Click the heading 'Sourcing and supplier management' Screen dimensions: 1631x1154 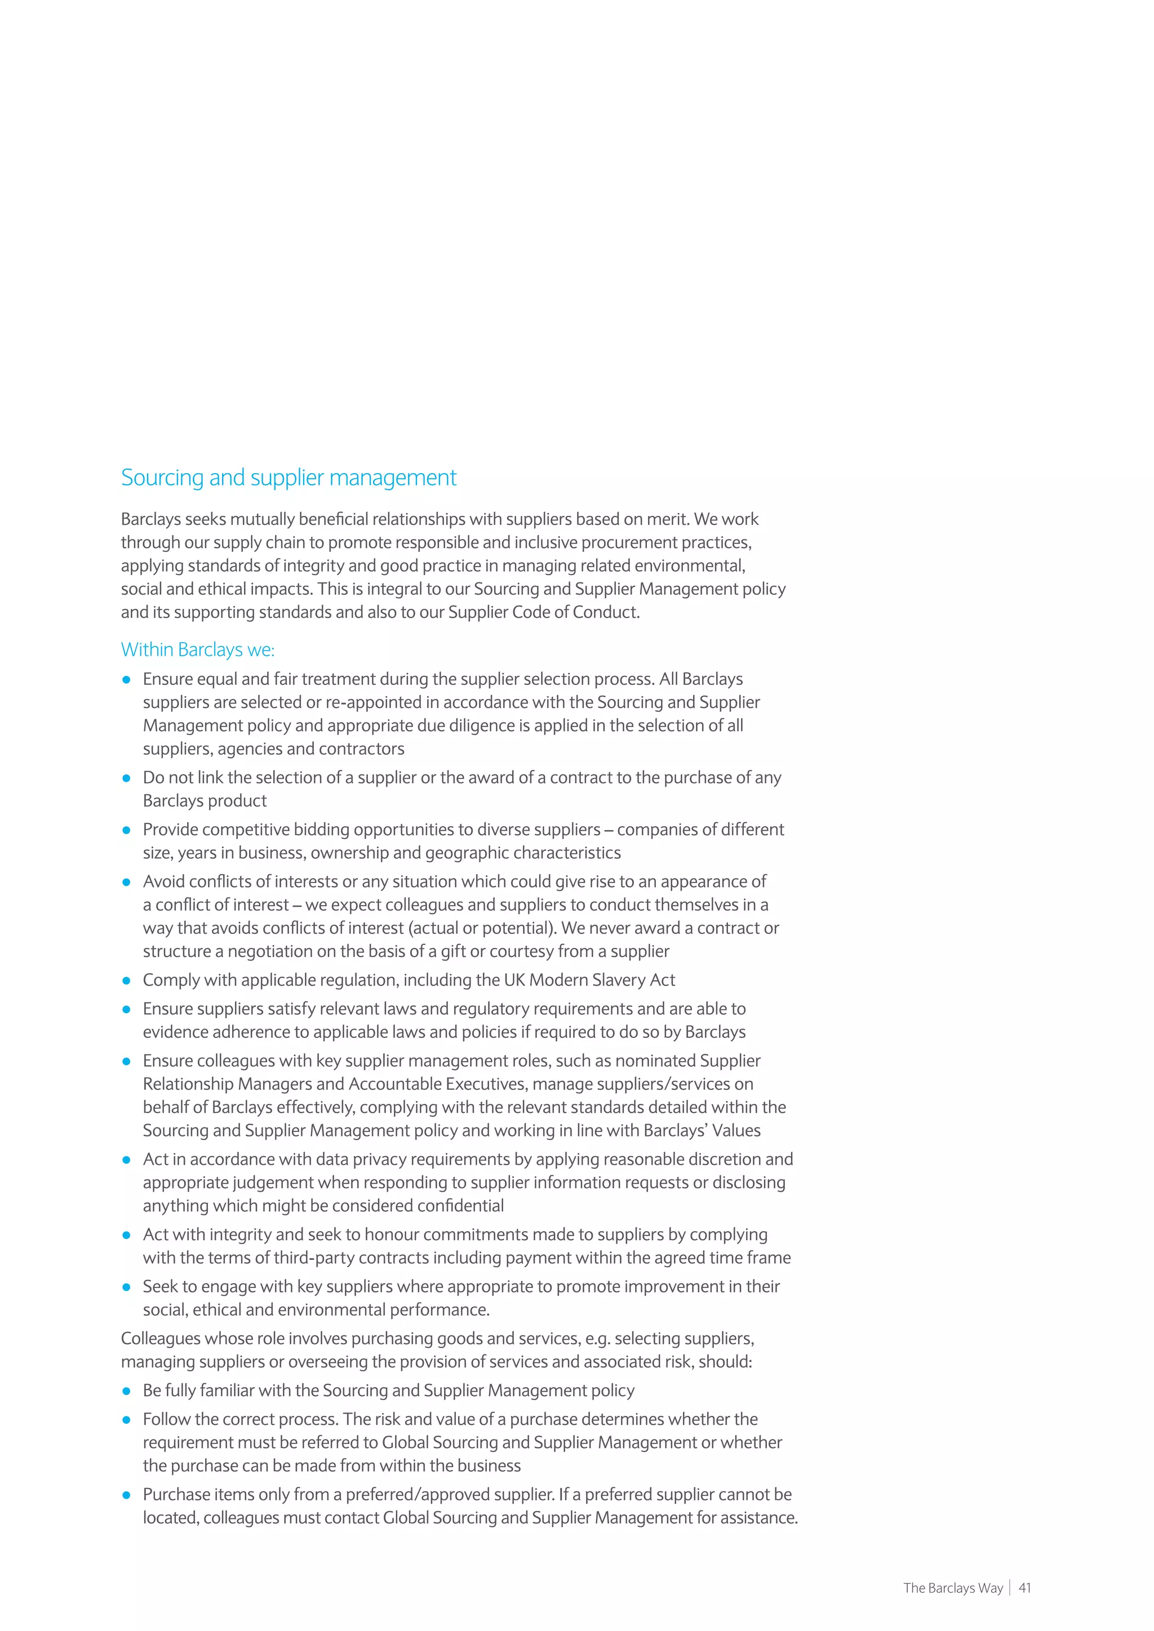coord(288,478)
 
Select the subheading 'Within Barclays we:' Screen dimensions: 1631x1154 coord(198,649)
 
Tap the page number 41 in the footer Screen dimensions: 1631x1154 coord(1024,1588)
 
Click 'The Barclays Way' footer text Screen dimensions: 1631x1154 coord(952,1588)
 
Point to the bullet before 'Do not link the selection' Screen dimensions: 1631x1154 coord(126,778)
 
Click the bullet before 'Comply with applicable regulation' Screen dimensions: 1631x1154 coord(126,981)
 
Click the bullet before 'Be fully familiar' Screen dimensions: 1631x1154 coord(126,1391)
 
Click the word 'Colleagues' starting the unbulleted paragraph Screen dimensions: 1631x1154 coord(161,1338)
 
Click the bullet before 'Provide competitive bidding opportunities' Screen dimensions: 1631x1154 coord(126,830)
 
